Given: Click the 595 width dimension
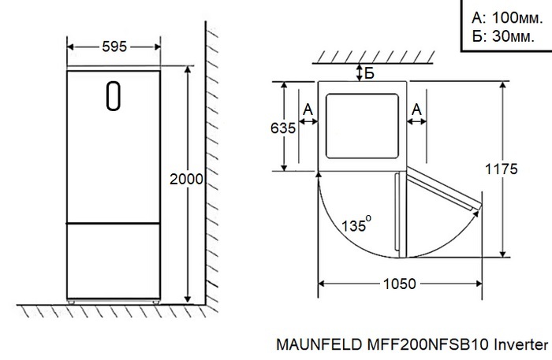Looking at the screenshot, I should point(114,47).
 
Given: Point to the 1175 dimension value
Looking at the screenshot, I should point(502,169).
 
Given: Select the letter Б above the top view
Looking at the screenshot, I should point(369,73).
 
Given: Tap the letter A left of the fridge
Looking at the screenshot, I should point(307,108).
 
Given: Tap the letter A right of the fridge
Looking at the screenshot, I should point(417,108).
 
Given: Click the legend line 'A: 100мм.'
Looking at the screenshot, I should point(505,17).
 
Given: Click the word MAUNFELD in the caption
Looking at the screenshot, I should point(313,345).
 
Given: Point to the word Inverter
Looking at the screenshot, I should point(521,345).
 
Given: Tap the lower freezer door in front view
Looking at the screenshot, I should point(114,260).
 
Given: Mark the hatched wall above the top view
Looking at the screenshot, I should point(363,58).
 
